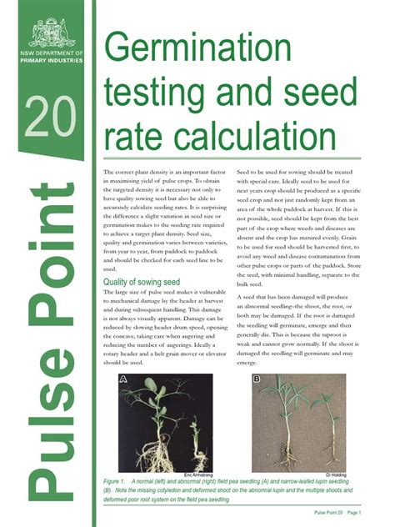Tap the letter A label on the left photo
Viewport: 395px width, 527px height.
pyautogui.click(x=123, y=379)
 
